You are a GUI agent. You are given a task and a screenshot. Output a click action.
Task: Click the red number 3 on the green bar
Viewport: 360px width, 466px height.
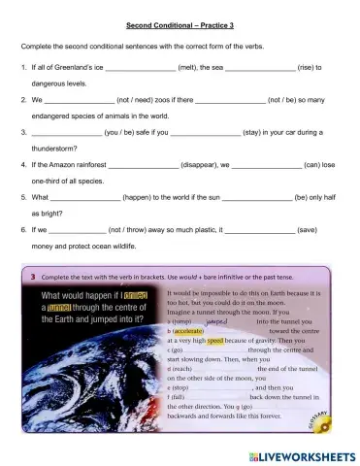(33, 276)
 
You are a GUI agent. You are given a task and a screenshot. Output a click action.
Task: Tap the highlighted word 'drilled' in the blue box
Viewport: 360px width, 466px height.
(136, 295)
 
